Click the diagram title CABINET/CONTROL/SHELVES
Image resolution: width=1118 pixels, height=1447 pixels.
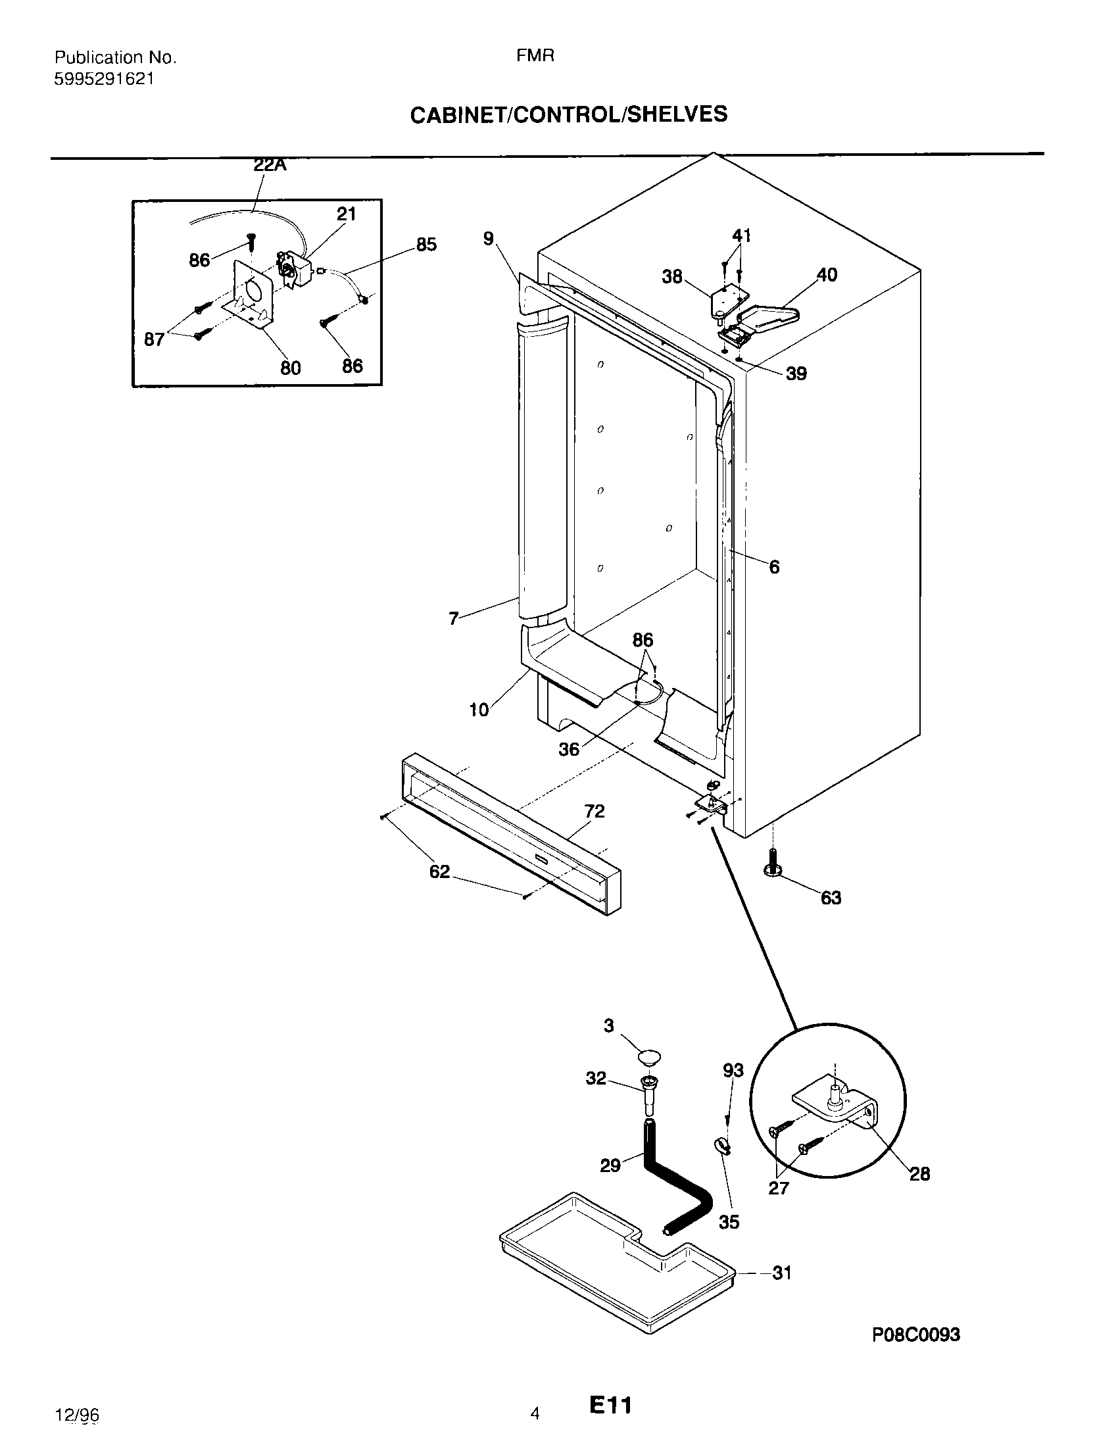[568, 114]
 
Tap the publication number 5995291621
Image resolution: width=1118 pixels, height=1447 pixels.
[104, 79]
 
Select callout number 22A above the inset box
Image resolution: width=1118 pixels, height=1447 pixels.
[270, 165]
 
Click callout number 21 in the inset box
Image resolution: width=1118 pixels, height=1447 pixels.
[346, 214]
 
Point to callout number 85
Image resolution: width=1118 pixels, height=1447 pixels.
[426, 245]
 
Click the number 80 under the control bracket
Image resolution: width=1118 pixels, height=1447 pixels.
[291, 368]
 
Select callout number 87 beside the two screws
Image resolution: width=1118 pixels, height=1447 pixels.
[155, 339]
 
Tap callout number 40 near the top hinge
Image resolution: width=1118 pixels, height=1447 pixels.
[827, 274]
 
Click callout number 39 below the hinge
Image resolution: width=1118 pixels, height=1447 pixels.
[796, 374]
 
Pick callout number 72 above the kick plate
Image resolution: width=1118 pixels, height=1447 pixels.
[594, 811]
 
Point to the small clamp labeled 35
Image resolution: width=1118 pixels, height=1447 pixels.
[721, 1145]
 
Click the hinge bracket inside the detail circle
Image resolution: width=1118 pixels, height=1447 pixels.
[837, 1104]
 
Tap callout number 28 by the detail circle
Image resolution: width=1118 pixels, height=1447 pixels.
[919, 1174]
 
